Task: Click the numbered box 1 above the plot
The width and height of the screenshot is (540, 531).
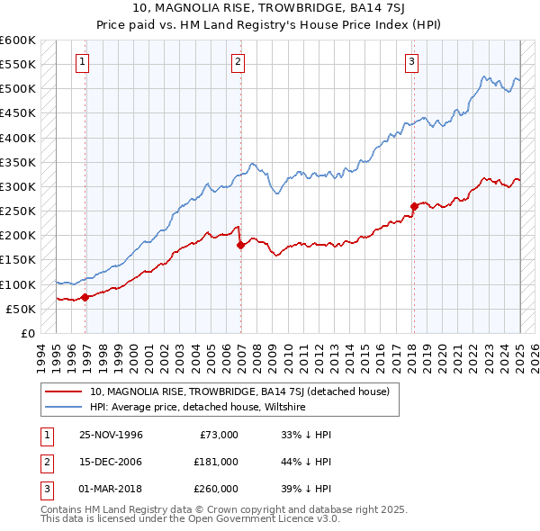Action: [82, 62]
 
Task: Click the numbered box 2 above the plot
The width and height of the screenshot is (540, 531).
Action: [238, 62]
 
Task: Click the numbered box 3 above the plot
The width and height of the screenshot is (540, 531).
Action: [411, 62]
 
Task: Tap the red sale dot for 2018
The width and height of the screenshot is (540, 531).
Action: [414, 206]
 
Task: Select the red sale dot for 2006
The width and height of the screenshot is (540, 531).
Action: [240, 245]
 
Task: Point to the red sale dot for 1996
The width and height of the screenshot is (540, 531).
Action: [85, 297]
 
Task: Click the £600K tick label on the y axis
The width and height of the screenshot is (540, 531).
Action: [18, 40]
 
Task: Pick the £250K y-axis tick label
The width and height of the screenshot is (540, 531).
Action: [18, 211]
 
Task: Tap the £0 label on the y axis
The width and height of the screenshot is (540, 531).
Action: [26, 334]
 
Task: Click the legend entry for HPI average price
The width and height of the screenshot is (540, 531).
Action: [198, 407]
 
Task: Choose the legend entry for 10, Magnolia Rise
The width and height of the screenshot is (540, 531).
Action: [238, 391]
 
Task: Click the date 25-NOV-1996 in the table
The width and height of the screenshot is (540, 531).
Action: [112, 435]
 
